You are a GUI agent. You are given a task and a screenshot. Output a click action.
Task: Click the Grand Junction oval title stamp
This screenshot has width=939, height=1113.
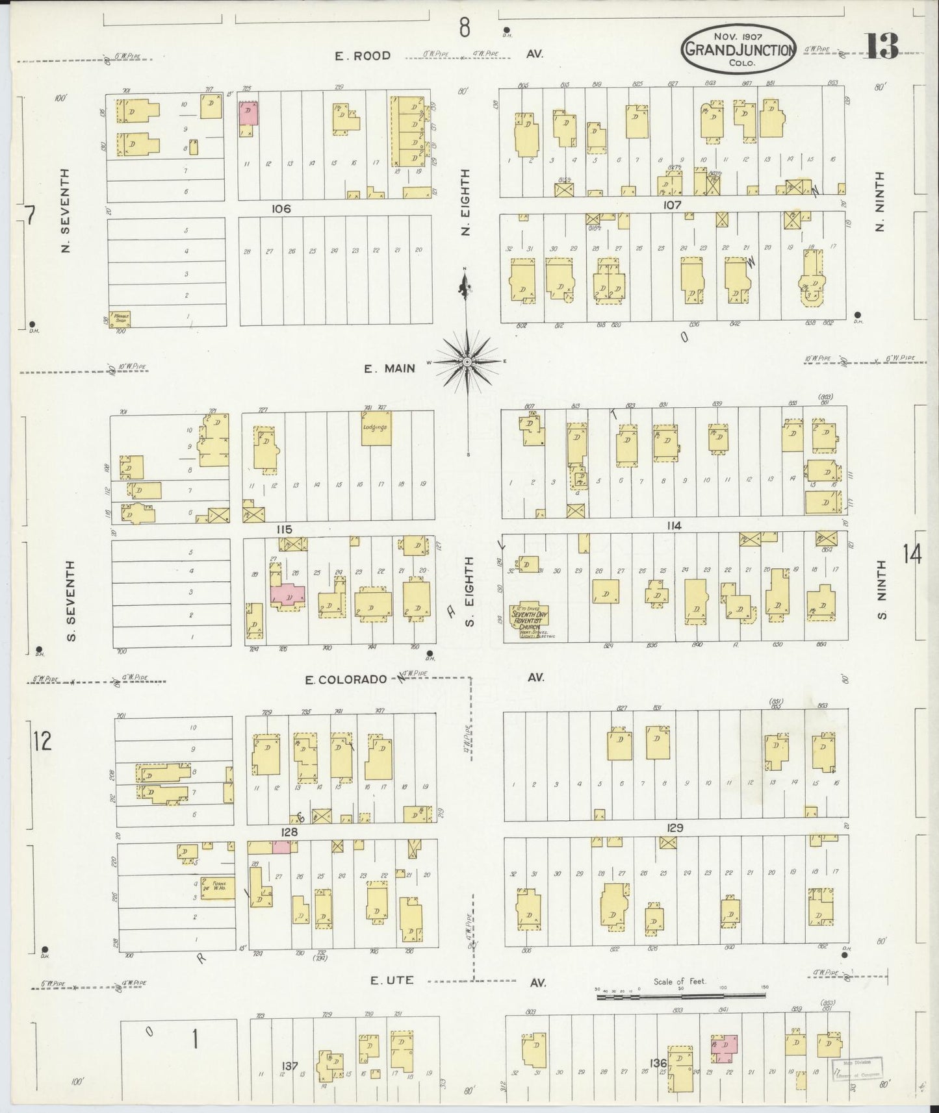point(738,48)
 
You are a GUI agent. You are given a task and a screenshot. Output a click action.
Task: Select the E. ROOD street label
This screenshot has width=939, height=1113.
point(363,56)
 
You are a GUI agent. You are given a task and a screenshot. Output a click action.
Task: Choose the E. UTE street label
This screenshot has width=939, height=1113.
point(392,980)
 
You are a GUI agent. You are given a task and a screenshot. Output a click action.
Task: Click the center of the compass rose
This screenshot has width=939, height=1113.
point(467,361)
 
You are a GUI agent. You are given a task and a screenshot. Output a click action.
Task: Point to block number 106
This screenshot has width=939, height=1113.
point(281,209)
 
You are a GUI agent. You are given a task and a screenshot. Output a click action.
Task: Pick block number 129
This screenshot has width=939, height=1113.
point(675,829)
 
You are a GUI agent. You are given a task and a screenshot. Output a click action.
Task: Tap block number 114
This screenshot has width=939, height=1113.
point(674,525)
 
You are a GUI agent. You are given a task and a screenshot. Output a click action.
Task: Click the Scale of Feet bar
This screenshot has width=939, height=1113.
point(680,994)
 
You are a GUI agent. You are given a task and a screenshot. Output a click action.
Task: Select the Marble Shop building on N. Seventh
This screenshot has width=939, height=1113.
point(121,318)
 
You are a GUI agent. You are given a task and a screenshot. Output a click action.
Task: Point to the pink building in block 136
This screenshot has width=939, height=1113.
point(725,1044)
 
